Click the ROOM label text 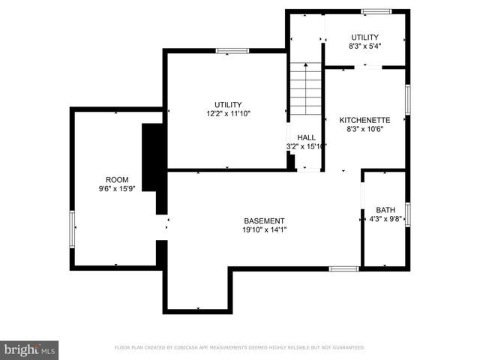[117, 179]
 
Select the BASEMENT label [264, 220]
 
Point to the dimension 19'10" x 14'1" [264, 229]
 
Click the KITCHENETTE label [364, 120]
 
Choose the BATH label [385, 210]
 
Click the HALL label [306, 137]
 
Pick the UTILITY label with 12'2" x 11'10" [228, 105]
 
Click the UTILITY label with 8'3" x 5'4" [364, 37]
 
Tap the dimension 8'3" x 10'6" [364, 129]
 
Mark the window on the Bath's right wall [407, 214]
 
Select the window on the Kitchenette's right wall [407, 100]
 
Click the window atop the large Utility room [232, 51]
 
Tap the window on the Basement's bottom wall [343, 268]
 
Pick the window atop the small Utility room [373, 11]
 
